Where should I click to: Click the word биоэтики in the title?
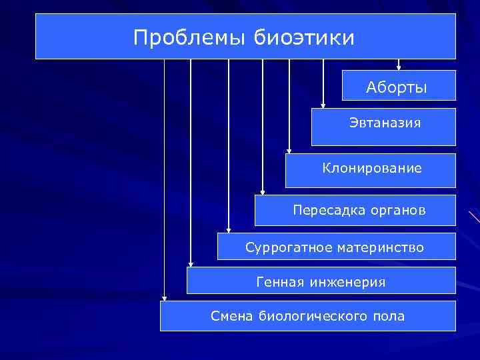pyautogui.click(x=304, y=37)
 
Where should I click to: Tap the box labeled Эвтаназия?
pyautogui.click(x=384, y=126)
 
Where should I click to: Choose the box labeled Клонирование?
pyautogui.click(x=371, y=169)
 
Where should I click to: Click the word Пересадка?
pyautogui.click(x=323, y=211)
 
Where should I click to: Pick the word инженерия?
pyautogui.click(x=347, y=282)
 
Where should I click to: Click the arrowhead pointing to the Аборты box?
pyautogui.click(x=399, y=67)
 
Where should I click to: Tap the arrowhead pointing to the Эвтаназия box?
pyautogui.click(x=323, y=105)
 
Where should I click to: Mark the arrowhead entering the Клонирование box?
pyautogui.click(x=289, y=151)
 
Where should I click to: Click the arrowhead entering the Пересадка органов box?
pyautogui.click(x=263, y=192)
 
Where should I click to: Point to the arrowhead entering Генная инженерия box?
pyautogui.click(x=191, y=264)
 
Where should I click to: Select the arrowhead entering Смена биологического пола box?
pyautogui.click(x=164, y=298)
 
